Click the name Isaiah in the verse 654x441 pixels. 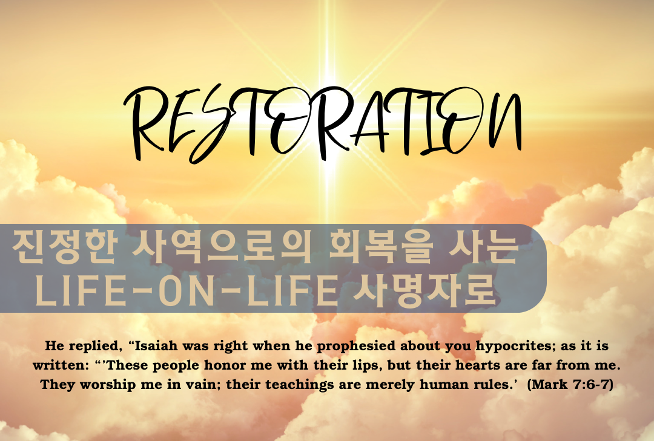[156, 346]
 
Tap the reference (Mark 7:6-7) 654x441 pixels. [570, 384]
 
